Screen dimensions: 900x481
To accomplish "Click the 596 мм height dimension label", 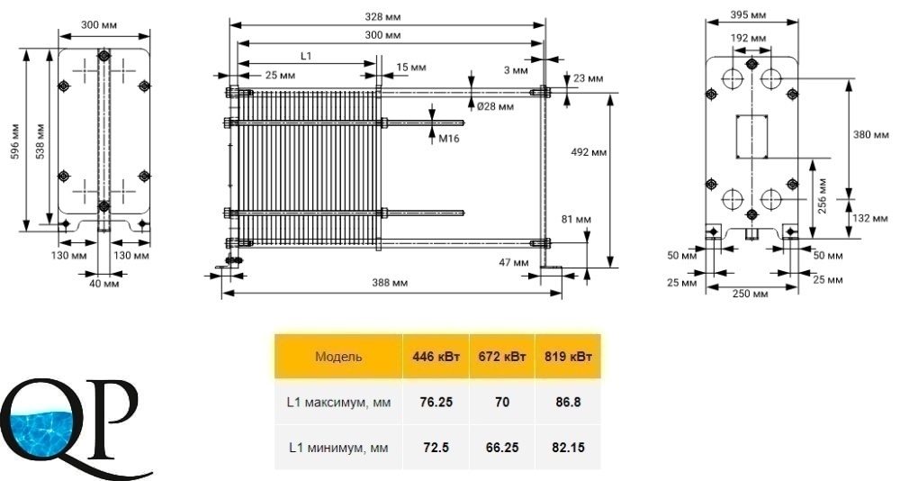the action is [15, 141].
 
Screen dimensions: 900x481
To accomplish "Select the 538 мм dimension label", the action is [40, 141].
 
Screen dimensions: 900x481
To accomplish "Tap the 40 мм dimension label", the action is [104, 284].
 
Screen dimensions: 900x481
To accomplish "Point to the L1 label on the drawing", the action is [306, 56].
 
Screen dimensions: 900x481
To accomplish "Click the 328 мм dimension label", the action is [382, 17].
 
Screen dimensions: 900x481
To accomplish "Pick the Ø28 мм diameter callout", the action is [495, 106].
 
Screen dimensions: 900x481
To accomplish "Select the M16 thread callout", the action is [449, 139].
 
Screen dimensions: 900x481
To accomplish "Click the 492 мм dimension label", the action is [589, 152].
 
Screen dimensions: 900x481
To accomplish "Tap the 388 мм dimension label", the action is [390, 283].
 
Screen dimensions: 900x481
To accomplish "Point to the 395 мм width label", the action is [748, 14].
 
